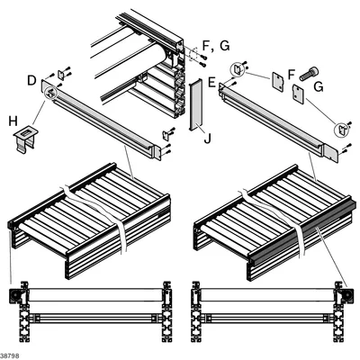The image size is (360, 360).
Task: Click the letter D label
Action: (31, 80)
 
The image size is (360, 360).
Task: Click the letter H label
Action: (13, 121)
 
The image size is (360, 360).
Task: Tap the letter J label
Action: (207, 139)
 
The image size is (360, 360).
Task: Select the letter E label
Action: (211, 82)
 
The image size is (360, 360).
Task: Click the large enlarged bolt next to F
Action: (309, 74)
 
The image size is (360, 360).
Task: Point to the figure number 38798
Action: (10, 356)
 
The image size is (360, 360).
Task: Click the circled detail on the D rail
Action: (50, 92)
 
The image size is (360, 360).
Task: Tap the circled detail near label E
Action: (237, 70)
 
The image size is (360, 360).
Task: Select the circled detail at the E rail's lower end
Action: (341, 130)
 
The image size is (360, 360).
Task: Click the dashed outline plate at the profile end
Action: (193, 55)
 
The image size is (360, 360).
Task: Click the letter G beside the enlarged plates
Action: (319, 87)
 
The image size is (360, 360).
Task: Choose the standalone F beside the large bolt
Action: (292, 75)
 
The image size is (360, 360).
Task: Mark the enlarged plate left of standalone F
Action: (278, 81)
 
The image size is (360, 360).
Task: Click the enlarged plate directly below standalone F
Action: (299, 94)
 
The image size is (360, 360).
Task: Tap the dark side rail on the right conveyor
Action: (303, 229)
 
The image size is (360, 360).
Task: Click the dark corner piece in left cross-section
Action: (15, 296)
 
